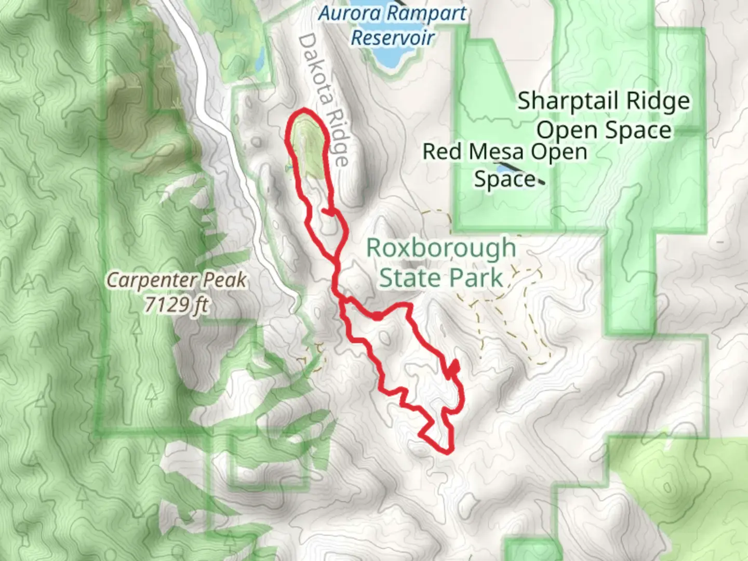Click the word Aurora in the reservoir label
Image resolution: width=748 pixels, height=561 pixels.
343,14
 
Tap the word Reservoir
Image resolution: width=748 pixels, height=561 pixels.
393,37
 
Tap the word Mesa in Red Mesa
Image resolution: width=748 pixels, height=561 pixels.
496,152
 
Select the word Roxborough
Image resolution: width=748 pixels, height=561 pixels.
441,248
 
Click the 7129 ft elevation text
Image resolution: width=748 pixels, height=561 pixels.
177,305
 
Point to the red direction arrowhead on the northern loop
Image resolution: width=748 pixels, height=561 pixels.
328,211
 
